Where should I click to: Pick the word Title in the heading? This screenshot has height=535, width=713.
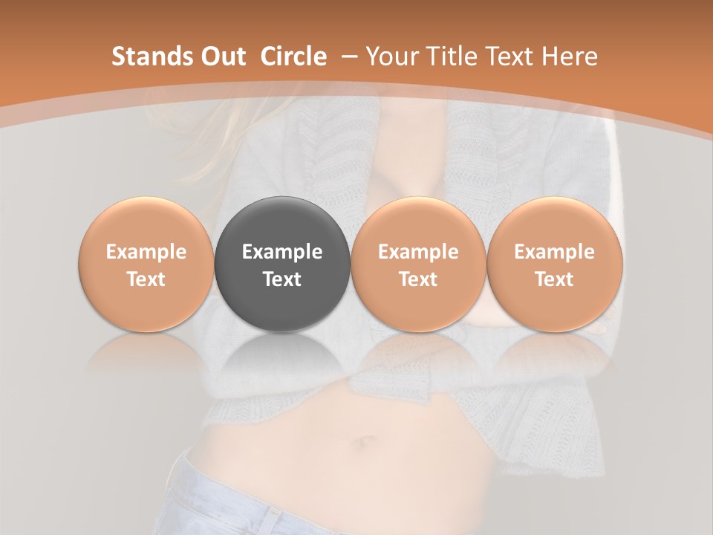(452, 56)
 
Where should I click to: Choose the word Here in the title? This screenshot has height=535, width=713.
(570, 56)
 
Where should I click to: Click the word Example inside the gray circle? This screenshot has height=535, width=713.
(282, 252)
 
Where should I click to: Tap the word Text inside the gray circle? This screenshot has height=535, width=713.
(282, 279)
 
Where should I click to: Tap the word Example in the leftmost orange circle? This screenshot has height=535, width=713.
(146, 252)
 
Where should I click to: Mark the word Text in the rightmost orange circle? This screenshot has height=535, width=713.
(554, 279)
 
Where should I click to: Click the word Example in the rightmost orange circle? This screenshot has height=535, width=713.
(554, 252)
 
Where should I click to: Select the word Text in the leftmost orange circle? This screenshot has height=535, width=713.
(146, 279)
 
